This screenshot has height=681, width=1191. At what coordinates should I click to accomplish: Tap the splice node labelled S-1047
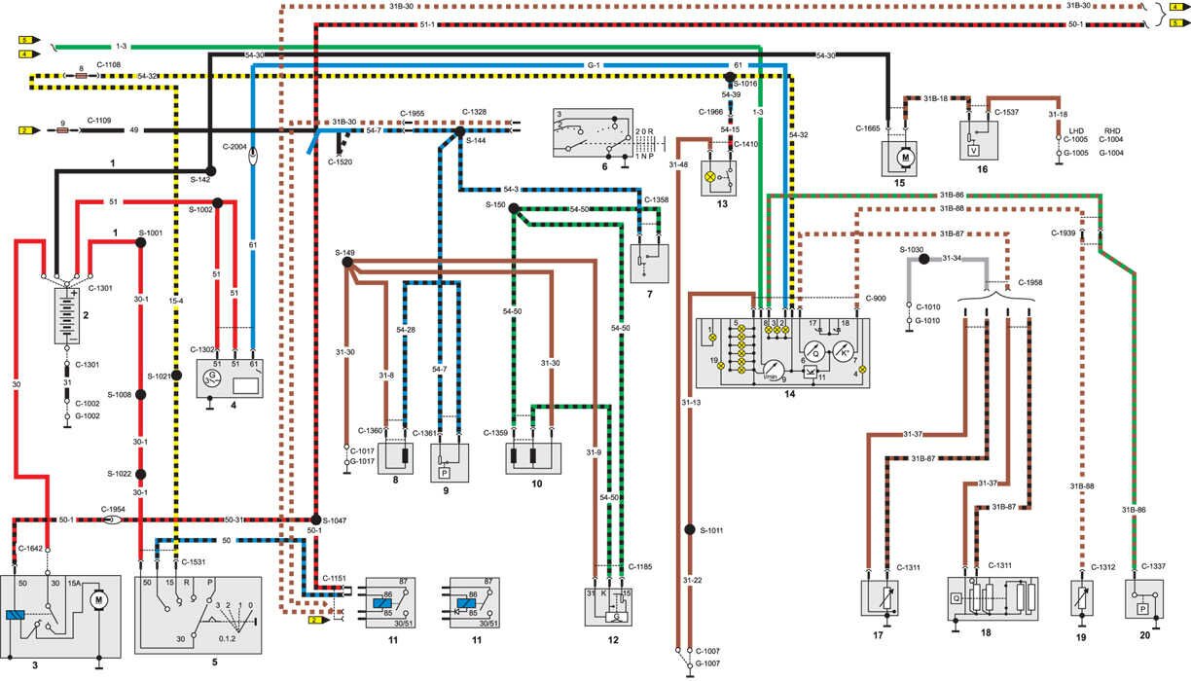[316, 520]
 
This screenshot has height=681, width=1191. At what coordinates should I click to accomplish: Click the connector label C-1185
[641, 565]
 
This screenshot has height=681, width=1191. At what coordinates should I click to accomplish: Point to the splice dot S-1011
[689, 530]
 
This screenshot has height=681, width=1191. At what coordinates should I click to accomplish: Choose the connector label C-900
[877, 298]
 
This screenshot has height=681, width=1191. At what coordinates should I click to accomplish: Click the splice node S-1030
[922, 260]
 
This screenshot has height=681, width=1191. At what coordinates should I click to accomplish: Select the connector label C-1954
[115, 508]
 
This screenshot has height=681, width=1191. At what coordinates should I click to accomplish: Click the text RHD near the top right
[1113, 129]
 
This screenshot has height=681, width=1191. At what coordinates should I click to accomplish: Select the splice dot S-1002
[218, 203]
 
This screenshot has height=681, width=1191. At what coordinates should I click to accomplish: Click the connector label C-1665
[869, 127]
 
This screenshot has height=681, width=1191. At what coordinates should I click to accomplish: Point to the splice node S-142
[210, 170]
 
